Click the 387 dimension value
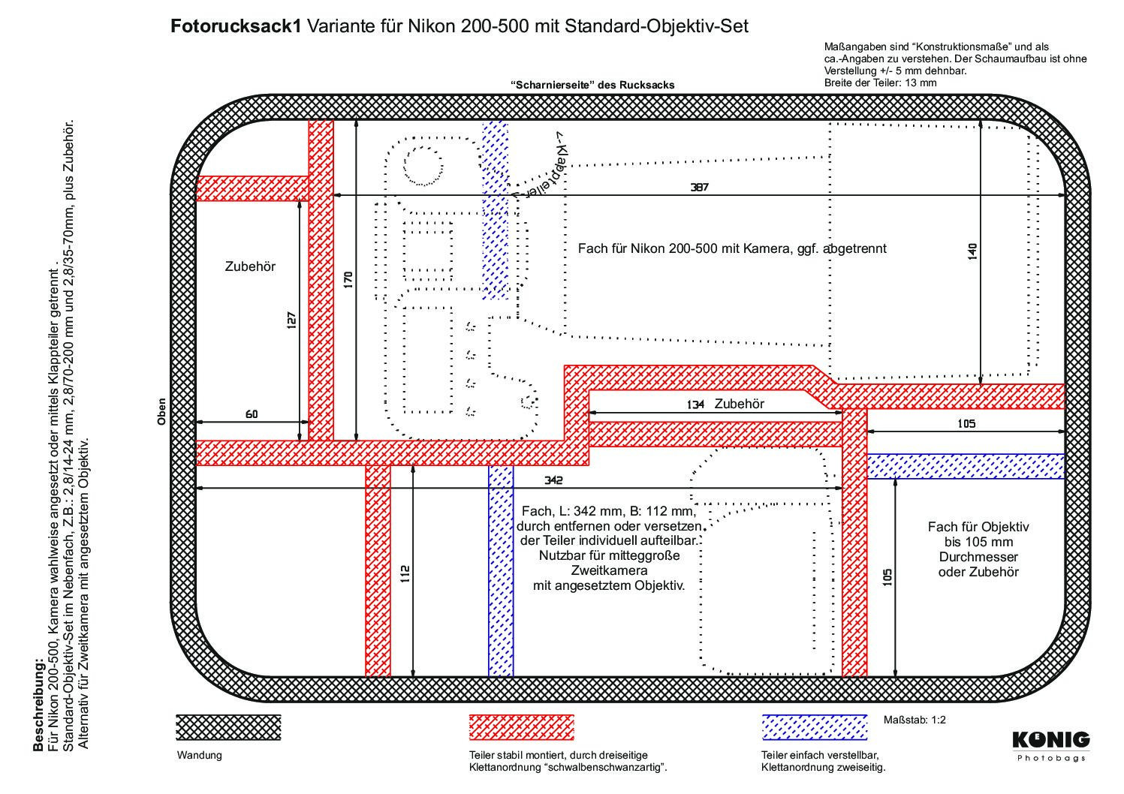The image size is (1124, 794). (699, 187)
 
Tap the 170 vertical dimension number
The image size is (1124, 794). (348, 280)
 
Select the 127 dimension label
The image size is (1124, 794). (291, 320)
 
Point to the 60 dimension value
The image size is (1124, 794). (252, 414)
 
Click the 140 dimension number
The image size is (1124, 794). (972, 251)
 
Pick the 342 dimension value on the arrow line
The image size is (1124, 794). (553, 480)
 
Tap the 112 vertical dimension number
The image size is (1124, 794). (405, 574)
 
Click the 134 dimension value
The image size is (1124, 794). (695, 405)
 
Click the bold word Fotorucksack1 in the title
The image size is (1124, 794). (236, 26)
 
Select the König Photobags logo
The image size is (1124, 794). (1051, 747)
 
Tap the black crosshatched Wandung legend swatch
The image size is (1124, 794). (228, 727)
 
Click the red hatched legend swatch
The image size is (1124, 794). (521, 727)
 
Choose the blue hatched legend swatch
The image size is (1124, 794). (815, 727)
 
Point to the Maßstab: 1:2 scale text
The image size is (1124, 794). (915, 720)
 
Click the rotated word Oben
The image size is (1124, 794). (161, 412)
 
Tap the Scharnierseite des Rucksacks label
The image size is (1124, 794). (592, 85)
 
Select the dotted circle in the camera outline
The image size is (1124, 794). (423, 166)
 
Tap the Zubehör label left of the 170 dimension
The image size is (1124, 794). (250, 266)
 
